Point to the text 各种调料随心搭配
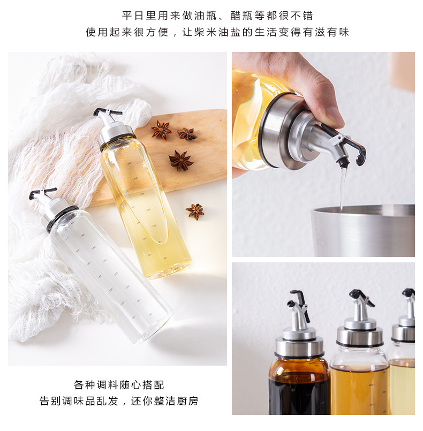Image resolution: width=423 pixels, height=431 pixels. pos(118,385)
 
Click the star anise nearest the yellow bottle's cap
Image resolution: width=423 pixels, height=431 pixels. pos(161,130)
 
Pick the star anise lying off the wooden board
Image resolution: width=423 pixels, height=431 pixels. pos(195,211)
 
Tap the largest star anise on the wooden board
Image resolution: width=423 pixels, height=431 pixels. pos(180,160)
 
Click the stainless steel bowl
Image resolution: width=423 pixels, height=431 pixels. pos(364,230)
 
